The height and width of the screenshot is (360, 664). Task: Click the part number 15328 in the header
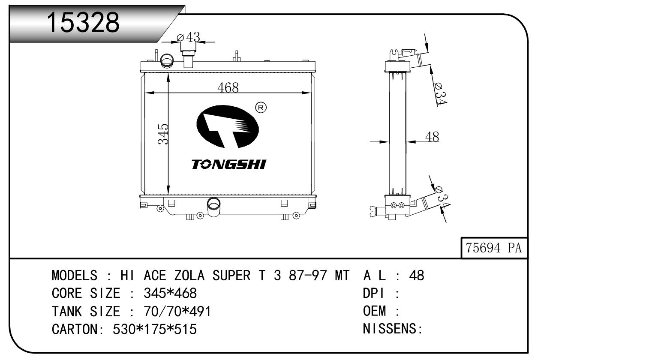point(83,22)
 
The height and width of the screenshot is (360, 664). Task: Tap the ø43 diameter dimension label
point(189,37)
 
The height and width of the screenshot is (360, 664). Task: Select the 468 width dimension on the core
point(228,87)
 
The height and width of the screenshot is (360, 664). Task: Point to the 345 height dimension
point(163,134)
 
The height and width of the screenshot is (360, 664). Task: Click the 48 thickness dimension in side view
point(432,137)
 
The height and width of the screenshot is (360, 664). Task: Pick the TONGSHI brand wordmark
point(228,165)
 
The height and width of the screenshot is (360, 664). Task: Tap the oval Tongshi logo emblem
point(227,126)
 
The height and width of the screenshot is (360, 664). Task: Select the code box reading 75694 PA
point(494,248)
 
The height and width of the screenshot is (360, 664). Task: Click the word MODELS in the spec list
point(75,276)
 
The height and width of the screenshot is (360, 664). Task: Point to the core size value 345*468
point(170,293)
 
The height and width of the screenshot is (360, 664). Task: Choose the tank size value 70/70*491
point(177,312)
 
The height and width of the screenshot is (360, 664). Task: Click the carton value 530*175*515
point(155,329)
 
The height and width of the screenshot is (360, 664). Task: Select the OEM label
point(375,311)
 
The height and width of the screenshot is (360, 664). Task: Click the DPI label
point(374,293)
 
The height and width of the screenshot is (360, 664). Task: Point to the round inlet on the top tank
point(167,61)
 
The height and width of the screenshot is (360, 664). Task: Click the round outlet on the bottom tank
point(213,204)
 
